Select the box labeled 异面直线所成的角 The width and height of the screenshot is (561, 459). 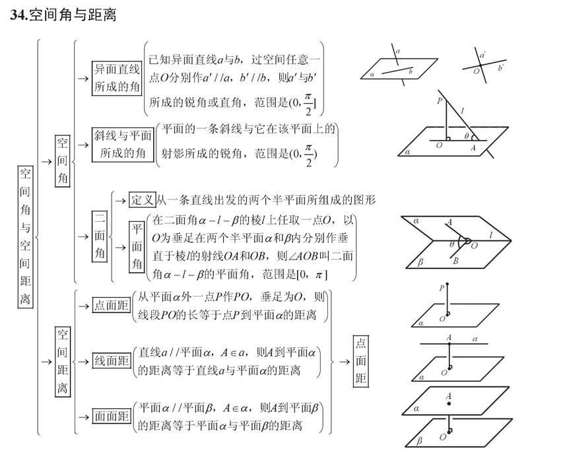point(116,78)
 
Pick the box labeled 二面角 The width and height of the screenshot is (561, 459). point(99,235)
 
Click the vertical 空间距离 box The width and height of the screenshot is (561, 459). point(62,361)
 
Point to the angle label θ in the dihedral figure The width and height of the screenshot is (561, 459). point(451,244)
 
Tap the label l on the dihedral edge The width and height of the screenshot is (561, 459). point(489,235)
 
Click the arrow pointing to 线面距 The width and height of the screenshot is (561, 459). point(83,361)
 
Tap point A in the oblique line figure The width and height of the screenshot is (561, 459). point(473,148)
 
